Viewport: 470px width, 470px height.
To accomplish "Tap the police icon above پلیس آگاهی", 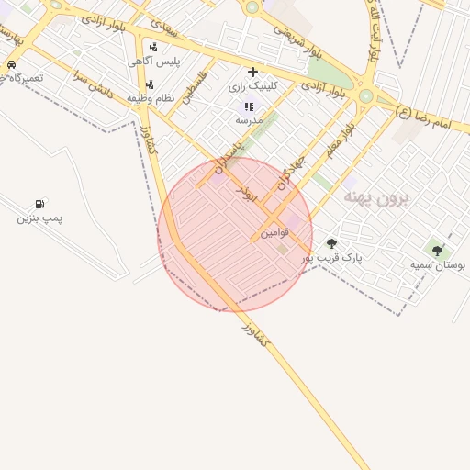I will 152,46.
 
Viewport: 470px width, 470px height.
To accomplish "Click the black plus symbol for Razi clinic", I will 252,72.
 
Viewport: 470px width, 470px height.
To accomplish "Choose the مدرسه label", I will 249,120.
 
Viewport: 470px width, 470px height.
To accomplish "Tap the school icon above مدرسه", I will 249,106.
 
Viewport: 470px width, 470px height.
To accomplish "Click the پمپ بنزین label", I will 39,218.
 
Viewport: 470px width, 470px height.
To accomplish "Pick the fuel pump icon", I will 39,204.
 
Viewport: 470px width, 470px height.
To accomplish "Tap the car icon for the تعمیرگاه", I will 10,65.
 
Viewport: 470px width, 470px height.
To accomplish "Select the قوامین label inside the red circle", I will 274,233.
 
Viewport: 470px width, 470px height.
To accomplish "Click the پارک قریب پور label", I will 332,258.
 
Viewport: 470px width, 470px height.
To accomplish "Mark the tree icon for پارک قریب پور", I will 331,243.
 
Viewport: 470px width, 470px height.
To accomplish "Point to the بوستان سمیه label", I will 438,265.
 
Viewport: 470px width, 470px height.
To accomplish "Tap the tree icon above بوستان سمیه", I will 437,250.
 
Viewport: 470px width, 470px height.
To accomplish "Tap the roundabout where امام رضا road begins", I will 366,95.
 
